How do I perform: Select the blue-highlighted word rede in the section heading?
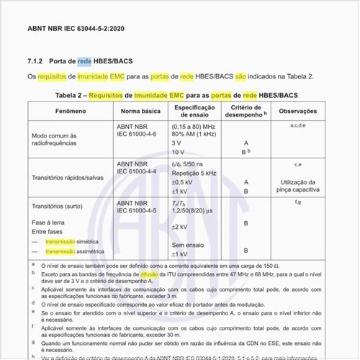pyautogui.click(x=85, y=63)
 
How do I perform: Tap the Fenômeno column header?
pyautogui.click(x=71, y=112)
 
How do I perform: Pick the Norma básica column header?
pyautogui.click(x=140, y=112)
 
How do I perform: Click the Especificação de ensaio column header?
pyautogui.click(x=192, y=112)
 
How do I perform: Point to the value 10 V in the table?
pyautogui.click(x=178, y=153)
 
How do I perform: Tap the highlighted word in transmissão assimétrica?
pyautogui.click(x=62, y=253)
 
